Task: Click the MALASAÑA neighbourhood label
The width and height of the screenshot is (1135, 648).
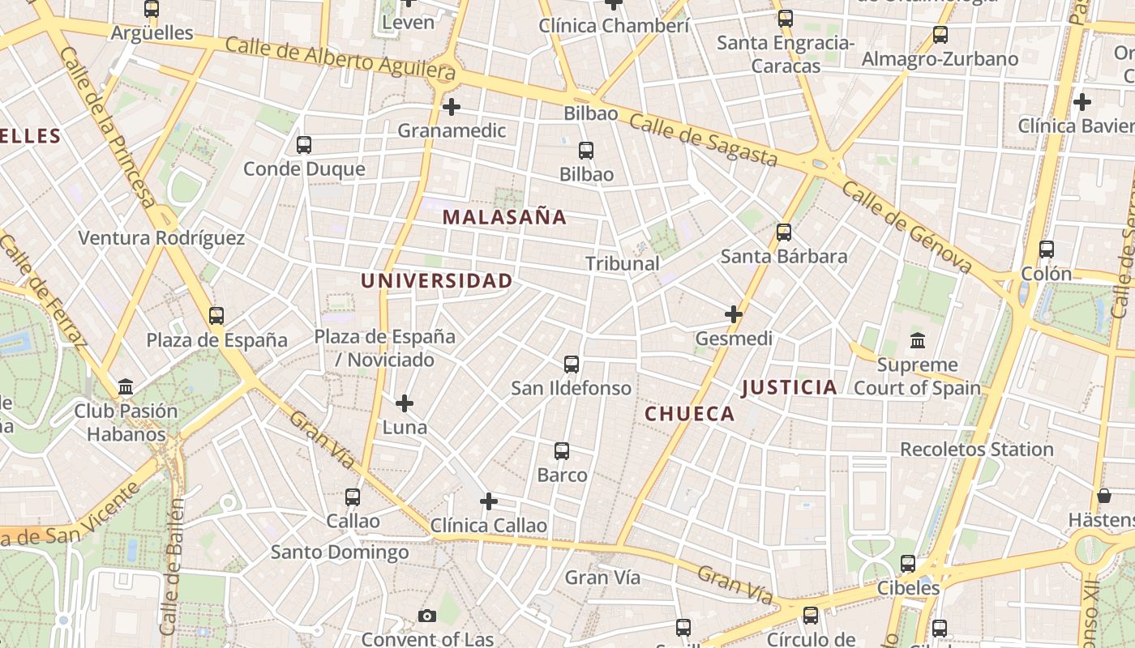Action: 504,217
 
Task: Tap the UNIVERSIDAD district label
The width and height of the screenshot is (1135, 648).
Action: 436,281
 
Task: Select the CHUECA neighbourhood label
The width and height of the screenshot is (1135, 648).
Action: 690,414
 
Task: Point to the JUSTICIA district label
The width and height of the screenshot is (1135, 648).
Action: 789,387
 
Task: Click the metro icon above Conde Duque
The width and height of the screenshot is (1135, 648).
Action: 304,145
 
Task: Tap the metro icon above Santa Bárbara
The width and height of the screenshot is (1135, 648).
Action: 784,232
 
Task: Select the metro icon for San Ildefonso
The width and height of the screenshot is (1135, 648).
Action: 572,364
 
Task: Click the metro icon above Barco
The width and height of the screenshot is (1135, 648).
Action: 562,451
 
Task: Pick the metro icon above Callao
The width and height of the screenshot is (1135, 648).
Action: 353,497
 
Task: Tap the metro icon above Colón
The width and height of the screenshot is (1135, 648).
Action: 1047,249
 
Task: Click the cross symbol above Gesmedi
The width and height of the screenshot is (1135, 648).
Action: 734,314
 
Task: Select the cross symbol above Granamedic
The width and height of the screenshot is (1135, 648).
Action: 452,106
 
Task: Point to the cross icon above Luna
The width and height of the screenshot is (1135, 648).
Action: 405,403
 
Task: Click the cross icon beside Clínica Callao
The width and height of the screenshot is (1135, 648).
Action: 489,501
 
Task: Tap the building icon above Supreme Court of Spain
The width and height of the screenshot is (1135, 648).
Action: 918,340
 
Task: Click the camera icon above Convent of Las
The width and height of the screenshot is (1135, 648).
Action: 427,616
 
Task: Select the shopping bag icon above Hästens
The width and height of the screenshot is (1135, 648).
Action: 1103,496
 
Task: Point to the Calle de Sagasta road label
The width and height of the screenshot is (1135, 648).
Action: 703,140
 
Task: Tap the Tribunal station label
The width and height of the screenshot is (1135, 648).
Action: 623,263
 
